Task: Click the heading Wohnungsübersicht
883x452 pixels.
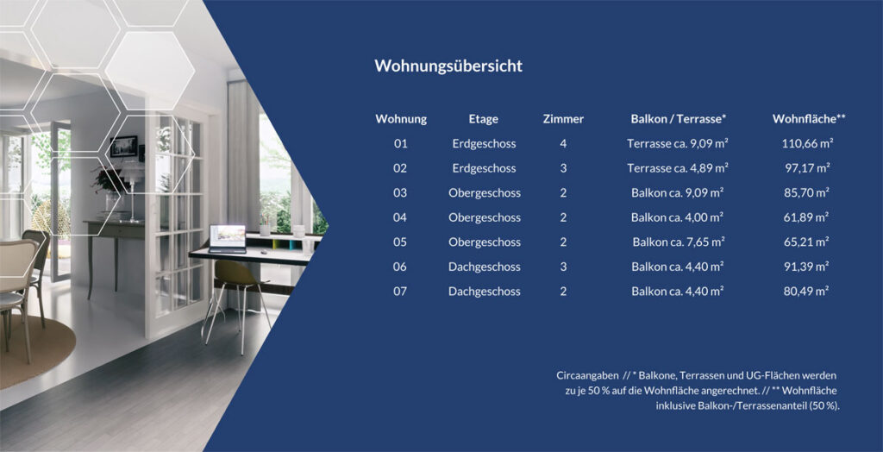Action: pos(448,66)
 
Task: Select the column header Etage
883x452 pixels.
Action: pos(483,119)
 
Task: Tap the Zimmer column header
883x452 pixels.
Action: pos(563,119)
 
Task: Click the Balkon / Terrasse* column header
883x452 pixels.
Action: pos(678,119)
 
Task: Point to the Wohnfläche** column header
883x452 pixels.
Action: pos(809,119)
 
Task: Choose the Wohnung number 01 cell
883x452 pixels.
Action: pos(400,144)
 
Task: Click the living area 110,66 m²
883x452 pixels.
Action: pos(807,144)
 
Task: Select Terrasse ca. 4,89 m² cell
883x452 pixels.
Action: pos(678,168)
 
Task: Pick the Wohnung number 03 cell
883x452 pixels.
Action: pos(400,192)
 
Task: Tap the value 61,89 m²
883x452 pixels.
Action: pos(806,217)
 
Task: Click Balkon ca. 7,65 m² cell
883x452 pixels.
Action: pos(678,242)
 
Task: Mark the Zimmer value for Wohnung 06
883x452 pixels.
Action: pos(563,267)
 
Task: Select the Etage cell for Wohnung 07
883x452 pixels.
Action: pos(485,292)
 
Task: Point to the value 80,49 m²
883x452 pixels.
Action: pos(806,292)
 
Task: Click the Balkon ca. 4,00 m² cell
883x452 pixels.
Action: pos(677,217)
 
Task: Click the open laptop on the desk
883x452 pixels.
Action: pos(228,238)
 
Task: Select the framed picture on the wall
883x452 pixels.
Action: pos(124,147)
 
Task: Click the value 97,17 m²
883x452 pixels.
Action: pos(807,168)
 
